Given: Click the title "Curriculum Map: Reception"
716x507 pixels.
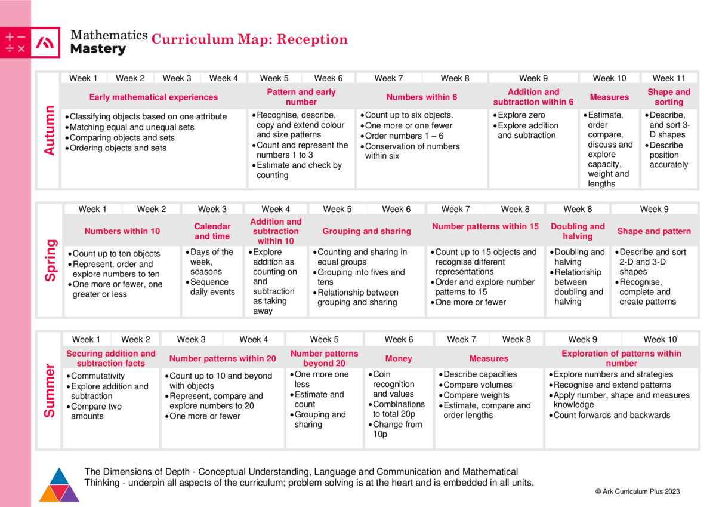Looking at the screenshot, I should [x=249, y=39].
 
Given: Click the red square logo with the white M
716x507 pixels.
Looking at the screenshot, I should [x=45, y=42].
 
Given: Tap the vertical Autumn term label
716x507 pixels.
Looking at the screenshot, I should [x=49, y=131].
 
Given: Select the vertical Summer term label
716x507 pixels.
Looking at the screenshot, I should [x=49, y=391].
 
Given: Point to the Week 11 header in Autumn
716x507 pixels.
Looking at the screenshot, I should [x=668, y=78].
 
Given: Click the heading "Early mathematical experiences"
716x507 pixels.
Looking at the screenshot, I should [x=153, y=97].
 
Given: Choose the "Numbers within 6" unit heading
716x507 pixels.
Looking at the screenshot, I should [x=421, y=97].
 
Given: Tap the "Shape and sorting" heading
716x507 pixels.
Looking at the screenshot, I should [x=668, y=97].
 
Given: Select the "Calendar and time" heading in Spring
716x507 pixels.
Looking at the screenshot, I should [x=212, y=231].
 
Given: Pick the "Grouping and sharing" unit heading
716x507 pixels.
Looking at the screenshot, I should [x=366, y=231].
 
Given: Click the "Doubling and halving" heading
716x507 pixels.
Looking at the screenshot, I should [x=578, y=231].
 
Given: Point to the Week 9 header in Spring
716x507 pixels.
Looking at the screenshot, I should [x=654, y=209].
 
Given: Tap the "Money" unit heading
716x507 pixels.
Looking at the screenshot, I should [x=398, y=358].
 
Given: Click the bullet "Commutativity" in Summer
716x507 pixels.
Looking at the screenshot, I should [x=97, y=376].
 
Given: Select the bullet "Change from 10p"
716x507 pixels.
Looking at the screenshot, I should [x=397, y=429].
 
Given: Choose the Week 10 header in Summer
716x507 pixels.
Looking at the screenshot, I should [x=660, y=339].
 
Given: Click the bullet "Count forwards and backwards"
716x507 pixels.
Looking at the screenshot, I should [x=612, y=415].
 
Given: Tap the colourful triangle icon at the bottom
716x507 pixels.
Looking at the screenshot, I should [x=59, y=484].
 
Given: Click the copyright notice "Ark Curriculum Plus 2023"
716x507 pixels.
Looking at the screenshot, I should [x=637, y=491].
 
